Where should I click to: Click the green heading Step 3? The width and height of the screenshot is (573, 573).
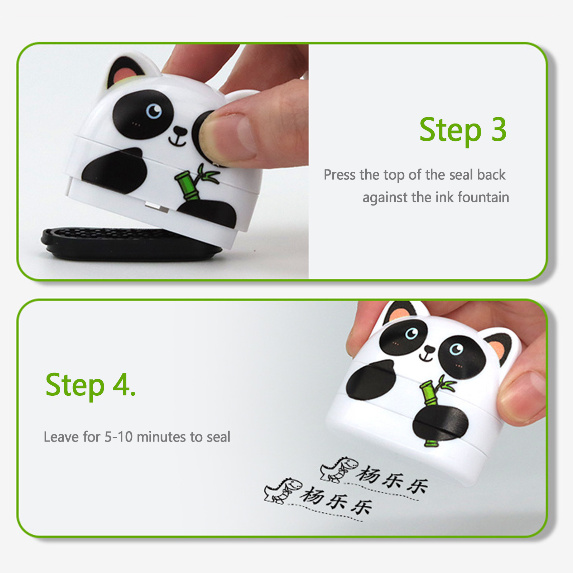[x=463, y=130]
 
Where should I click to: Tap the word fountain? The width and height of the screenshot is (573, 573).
[x=483, y=197]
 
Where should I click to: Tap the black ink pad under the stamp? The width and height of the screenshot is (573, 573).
[x=129, y=244]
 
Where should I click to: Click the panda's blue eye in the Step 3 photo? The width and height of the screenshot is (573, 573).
[x=154, y=111]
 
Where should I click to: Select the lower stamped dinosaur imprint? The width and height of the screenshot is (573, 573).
[x=283, y=490]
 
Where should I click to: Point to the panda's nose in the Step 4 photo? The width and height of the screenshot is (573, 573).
[x=429, y=350]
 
